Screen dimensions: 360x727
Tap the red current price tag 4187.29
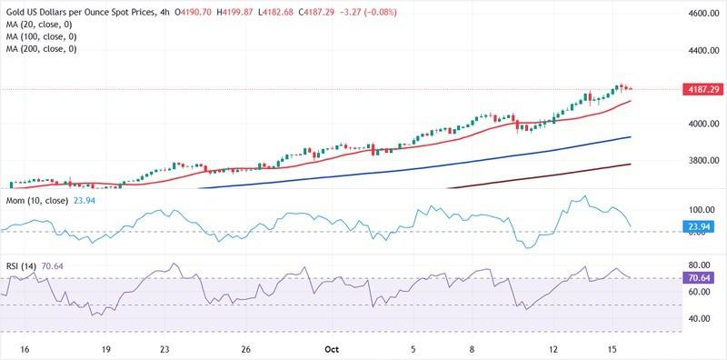click(702, 89)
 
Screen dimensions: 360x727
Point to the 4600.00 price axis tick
click(704, 15)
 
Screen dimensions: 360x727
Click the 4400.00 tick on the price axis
click(704, 51)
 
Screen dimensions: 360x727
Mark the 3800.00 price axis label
click(704, 161)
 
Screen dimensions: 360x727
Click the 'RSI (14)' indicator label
click(21, 265)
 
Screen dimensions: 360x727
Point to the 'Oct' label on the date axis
click(331, 348)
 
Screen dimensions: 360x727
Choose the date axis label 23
click(164, 348)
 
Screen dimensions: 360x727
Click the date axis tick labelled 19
click(106, 348)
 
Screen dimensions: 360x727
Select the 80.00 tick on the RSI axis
click(701, 265)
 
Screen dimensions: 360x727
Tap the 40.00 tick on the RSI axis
click(701, 319)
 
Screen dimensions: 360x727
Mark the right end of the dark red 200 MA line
click(631, 165)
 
